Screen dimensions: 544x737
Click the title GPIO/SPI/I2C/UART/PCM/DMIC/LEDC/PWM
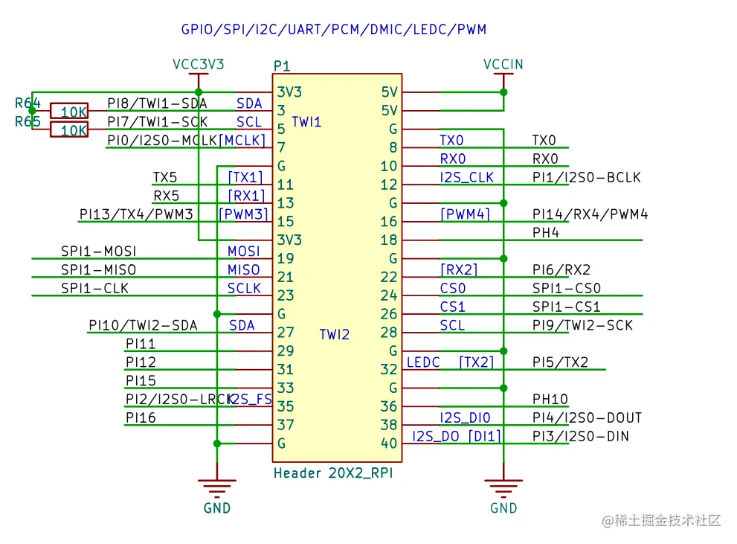pyautogui.click(x=333, y=30)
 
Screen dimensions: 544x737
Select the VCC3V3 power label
pyautogui.click(x=199, y=65)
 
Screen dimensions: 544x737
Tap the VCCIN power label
pyautogui.click(x=503, y=65)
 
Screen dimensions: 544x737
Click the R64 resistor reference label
pyautogui.click(x=28, y=103)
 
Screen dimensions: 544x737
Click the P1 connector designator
pyautogui.click(x=282, y=66)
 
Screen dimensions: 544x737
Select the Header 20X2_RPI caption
pyautogui.click(x=333, y=473)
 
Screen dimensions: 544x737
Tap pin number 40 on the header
pyautogui.click(x=389, y=444)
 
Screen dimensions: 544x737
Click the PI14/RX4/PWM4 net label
pyautogui.click(x=590, y=214)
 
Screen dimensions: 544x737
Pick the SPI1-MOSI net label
pyautogui.click(x=99, y=252)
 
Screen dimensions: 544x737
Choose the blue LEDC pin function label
pyautogui.click(x=423, y=362)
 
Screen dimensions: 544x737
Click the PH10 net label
pyautogui.click(x=550, y=400)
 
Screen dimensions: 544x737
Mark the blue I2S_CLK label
pyautogui.click(x=466, y=177)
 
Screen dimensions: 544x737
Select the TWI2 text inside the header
pyautogui.click(x=334, y=335)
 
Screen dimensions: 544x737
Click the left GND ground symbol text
pyautogui.click(x=217, y=508)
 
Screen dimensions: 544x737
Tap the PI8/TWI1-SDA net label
pyautogui.click(x=157, y=103)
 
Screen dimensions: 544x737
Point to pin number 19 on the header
pyautogui.click(x=286, y=259)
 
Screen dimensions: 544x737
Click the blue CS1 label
pyautogui.click(x=452, y=307)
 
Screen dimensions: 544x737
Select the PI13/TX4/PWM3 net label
pyautogui.click(x=136, y=214)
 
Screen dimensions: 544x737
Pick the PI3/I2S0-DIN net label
pyautogui.click(x=581, y=436)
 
